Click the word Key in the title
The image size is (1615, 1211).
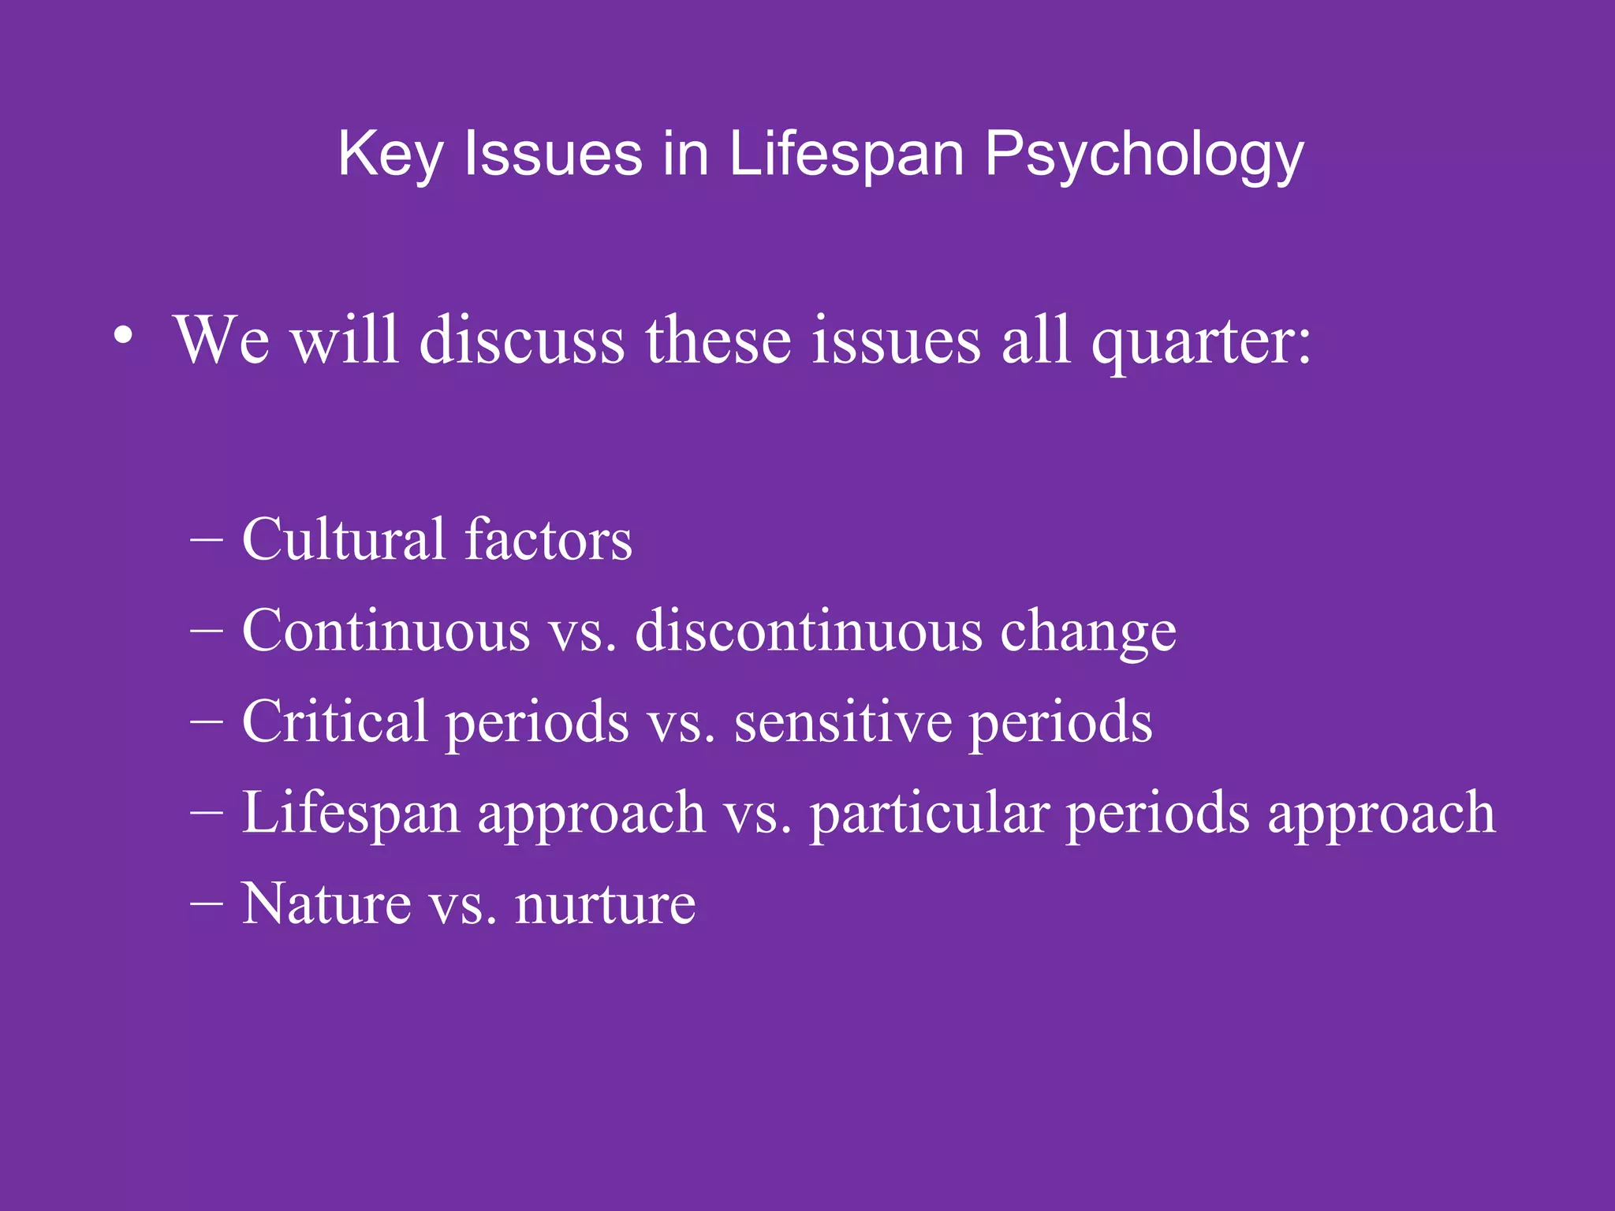pyautogui.click(x=390, y=155)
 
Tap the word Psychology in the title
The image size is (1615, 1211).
pyautogui.click(x=1143, y=155)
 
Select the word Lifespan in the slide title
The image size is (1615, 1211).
pyautogui.click(x=846, y=155)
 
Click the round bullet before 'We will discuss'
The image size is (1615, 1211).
pyautogui.click(x=122, y=336)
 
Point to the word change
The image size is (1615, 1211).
pyautogui.click(x=1088, y=633)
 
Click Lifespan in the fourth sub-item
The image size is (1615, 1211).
pyautogui.click(x=350, y=814)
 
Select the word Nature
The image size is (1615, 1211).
pyautogui.click(x=326, y=904)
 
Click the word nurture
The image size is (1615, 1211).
pyautogui.click(x=605, y=905)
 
